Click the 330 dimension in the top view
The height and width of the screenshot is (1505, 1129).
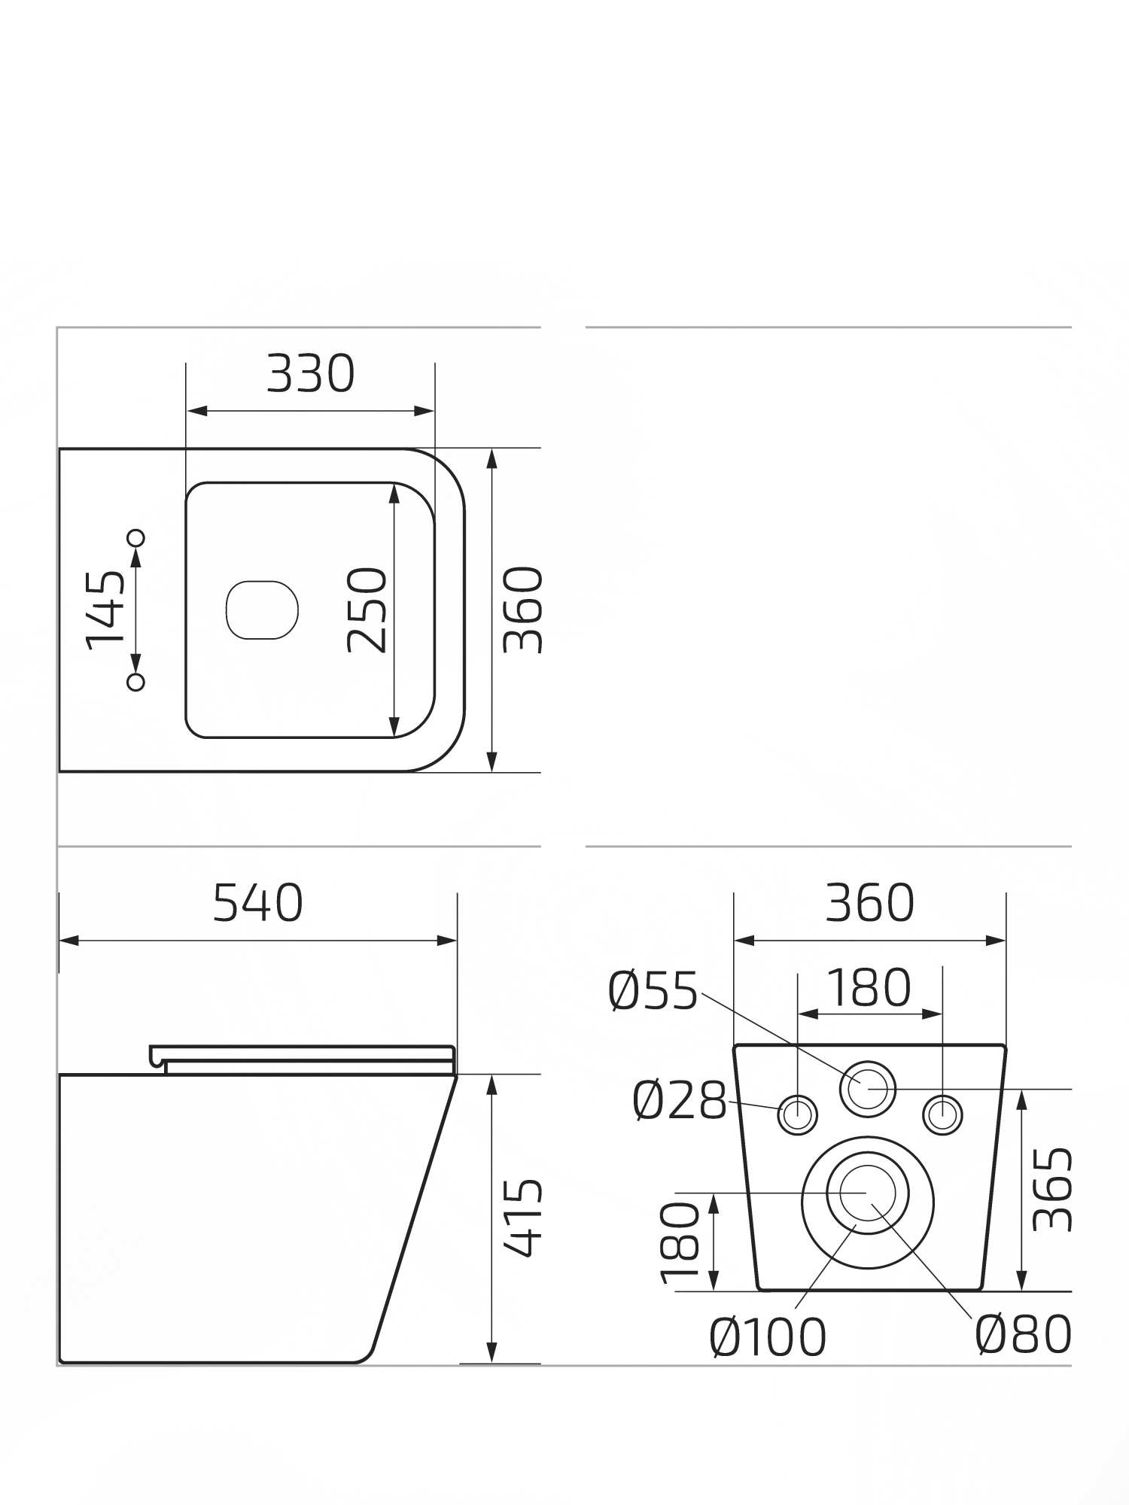310,373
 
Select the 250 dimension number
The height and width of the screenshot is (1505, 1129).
367,610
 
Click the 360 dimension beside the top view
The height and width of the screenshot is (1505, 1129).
522,610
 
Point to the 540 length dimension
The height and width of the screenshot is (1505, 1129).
257,903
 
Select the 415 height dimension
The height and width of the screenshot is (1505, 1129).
522,1218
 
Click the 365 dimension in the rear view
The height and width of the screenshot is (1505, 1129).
1051,1189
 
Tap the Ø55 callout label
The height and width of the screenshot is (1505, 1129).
653,991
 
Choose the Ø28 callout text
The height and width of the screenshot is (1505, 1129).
680,1100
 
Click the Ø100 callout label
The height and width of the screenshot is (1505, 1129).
767,1336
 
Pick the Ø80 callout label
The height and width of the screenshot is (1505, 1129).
1023,1334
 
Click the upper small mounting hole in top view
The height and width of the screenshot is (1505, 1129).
136,537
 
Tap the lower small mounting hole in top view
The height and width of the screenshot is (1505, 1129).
136,682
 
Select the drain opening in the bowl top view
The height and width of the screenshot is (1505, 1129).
262,610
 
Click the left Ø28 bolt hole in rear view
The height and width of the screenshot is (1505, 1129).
797,1115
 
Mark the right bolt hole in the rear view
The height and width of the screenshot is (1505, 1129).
942,1115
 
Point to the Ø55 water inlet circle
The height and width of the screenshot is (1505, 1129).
868,1088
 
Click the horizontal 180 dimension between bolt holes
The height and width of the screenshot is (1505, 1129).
869,987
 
